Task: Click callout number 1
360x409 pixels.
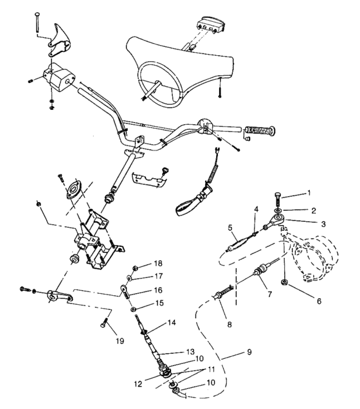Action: [309, 193]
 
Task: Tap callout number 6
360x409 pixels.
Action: [319, 301]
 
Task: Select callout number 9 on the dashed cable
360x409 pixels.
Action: [249, 352]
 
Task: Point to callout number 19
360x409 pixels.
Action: [120, 341]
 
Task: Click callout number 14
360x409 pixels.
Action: [172, 323]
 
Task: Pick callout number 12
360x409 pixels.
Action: [138, 384]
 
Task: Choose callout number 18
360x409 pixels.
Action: [158, 264]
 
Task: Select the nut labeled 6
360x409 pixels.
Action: [284, 282]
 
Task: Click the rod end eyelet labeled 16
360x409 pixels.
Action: [124, 290]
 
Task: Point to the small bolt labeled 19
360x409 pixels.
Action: [104, 322]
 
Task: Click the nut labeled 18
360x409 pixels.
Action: [135, 268]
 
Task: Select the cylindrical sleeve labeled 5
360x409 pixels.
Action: [237, 245]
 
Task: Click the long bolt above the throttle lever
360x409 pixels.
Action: [36, 22]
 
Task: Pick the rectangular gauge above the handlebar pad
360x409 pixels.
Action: [211, 25]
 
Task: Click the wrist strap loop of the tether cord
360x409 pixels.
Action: [186, 207]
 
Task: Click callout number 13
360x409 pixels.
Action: [190, 351]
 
